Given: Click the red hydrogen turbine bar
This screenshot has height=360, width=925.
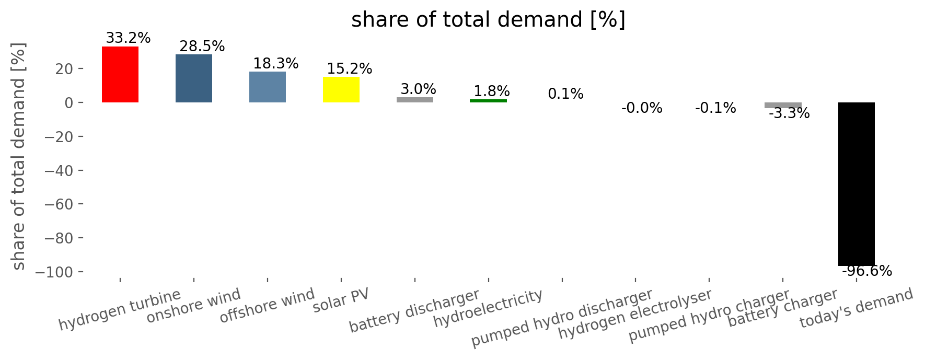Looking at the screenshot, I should (x=120, y=75).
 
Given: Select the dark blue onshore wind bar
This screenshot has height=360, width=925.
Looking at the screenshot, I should (x=194, y=78).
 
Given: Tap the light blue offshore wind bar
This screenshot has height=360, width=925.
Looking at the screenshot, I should (x=268, y=87).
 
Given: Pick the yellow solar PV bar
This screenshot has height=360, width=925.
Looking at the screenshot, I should (x=341, y=89).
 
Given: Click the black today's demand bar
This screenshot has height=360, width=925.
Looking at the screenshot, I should (x=857, y=184).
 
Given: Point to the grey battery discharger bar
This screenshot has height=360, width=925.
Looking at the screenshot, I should (x=415, y=100).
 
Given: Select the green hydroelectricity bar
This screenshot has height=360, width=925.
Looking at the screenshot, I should (x=489, y=101).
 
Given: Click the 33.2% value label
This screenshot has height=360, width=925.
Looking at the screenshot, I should (x=128, y=38).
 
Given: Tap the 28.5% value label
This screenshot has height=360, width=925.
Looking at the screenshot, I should (x=202, y=47).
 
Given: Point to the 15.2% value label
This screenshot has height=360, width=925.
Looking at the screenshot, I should (x=350, y=68).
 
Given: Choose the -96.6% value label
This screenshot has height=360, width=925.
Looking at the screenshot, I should (x=867, y=271).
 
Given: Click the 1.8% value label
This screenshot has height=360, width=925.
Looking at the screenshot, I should (x=492, y=91).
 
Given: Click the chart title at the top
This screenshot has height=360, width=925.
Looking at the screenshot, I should (x=488, y=20).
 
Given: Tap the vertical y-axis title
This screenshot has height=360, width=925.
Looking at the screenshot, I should (x=18, y=157).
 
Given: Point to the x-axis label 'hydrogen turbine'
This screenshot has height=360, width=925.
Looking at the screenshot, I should (x=120, y=310).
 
